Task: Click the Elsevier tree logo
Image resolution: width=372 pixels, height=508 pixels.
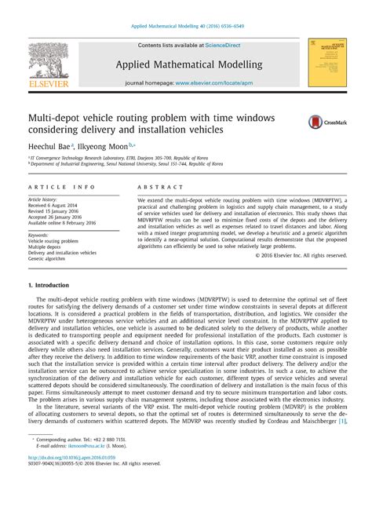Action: click(x=49, y=63)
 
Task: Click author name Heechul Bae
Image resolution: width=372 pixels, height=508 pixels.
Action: click(x=49, y=145)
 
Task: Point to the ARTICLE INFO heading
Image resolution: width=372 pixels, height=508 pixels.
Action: click(x=61, y=188)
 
